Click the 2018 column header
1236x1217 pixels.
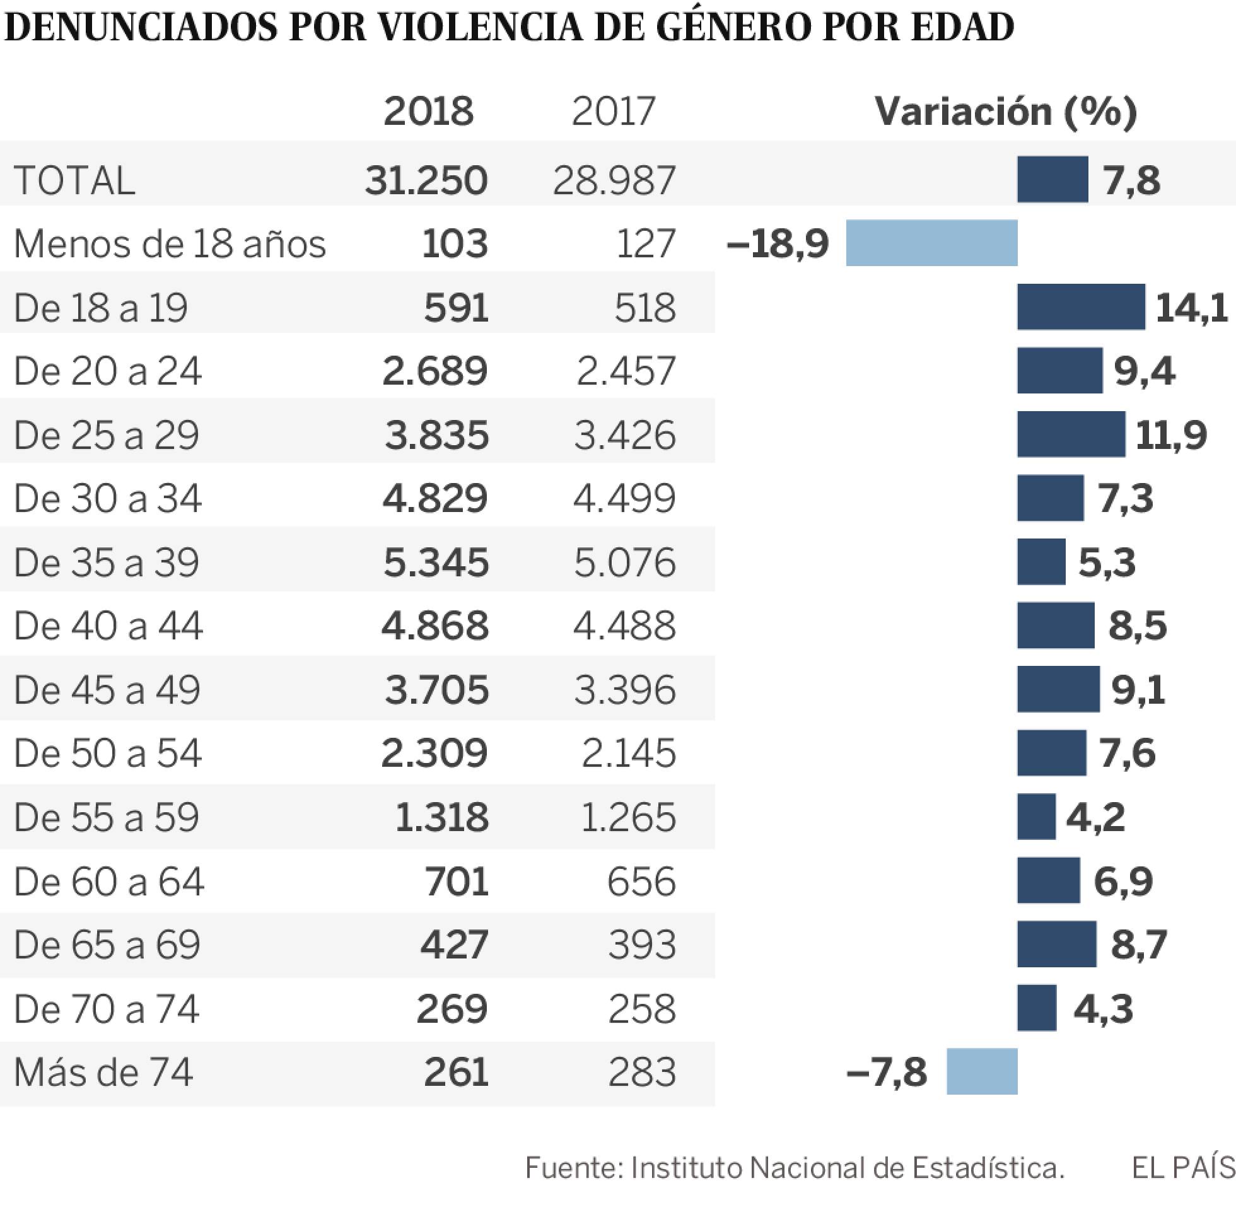point(428,111)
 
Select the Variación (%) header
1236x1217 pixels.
point(1005,112)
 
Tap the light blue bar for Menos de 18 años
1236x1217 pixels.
point(931,243)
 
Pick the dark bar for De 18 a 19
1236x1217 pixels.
point(1080,307)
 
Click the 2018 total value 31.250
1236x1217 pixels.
point(426,180)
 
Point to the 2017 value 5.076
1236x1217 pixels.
point(624,562)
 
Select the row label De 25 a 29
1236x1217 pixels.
point(106,435)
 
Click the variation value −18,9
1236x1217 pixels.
point(778,243)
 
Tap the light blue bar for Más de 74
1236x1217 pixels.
point(982,1072)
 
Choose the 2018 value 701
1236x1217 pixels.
point(457,882)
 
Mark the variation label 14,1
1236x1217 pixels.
point(1191,308)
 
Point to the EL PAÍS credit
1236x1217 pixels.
point(1183,1168)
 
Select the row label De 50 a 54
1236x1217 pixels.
point(107,753)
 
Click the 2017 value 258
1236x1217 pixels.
point(641,1009)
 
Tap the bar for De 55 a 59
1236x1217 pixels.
point(1036,817)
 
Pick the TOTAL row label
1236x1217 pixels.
point(74,180)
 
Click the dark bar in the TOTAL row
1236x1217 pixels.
point(1052,180)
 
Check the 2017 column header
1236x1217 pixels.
point(614,111)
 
